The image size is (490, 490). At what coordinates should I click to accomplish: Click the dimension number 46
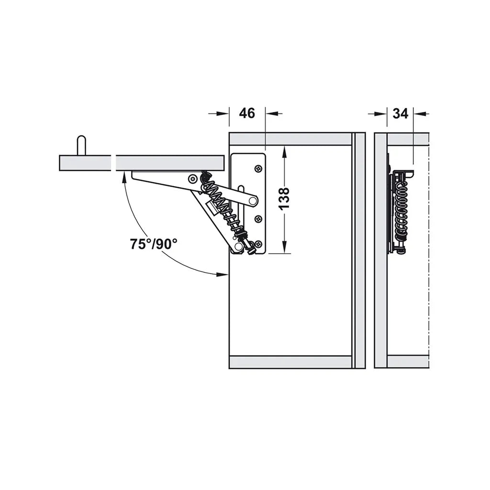pyautogui.click(x=247, y=113)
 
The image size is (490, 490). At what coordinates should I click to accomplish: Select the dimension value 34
pyautogui.click(x=401, y=113)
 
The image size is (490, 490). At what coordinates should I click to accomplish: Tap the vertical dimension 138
pyautogui.click(x=284, y=199)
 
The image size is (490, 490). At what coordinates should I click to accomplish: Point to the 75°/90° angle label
pyautogui.click(x=154, y=244)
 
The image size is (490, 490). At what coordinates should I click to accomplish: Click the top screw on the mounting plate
pyautogui.click(x=258, y=168)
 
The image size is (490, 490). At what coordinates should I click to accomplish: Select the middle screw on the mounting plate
pyautogui.click(x=258, y=219)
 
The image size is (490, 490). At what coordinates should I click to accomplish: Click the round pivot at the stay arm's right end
pyautogui.click(x=253, y=200)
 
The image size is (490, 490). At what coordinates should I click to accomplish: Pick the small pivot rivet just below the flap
pyautogui.click(x=192, y=179)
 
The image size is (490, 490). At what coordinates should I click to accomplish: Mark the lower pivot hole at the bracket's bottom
pyautogui.click(x=238, y=247)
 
